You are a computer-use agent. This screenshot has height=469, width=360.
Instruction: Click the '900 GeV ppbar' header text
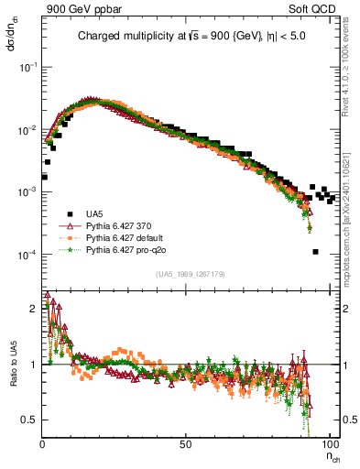coord(77,7)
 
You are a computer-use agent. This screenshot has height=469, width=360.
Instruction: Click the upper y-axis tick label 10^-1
coord(27,68)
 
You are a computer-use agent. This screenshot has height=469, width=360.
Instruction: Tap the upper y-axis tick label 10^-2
coord(27,130)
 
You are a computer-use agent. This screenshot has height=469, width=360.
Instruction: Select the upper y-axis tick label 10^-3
coord(27,192)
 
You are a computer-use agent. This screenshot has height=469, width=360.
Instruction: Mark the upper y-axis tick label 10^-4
coord(27,254)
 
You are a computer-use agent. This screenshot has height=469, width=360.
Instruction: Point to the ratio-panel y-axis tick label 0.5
coord(31,420)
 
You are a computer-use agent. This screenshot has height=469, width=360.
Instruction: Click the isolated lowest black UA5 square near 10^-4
coord(315,252)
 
